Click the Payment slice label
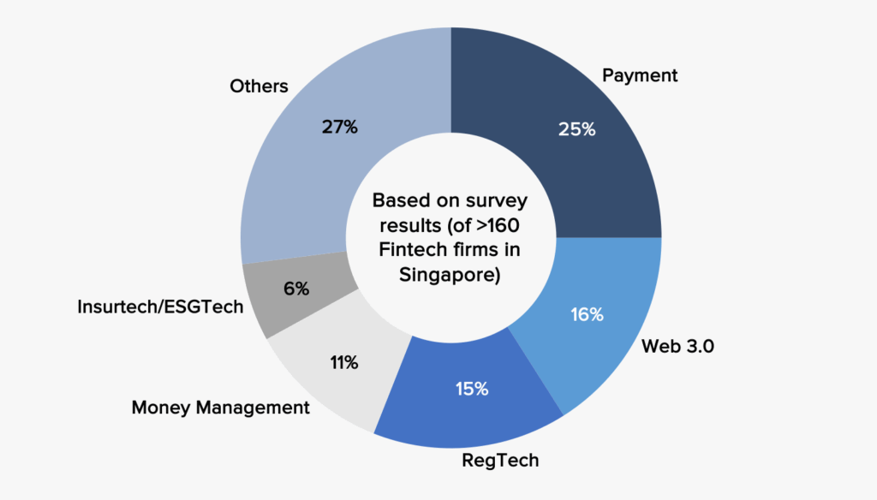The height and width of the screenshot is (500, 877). [x=639, y=75]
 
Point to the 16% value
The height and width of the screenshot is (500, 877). [x=587, y=314]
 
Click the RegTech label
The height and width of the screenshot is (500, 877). [x=500, y=460]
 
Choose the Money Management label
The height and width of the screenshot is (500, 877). [x=220, y=408]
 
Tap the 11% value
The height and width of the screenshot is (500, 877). [x=343, y=362]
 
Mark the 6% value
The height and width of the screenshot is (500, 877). [x=296, y=289]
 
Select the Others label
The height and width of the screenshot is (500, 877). [x=259, y=86]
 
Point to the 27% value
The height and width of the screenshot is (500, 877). [x=340, y=128]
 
